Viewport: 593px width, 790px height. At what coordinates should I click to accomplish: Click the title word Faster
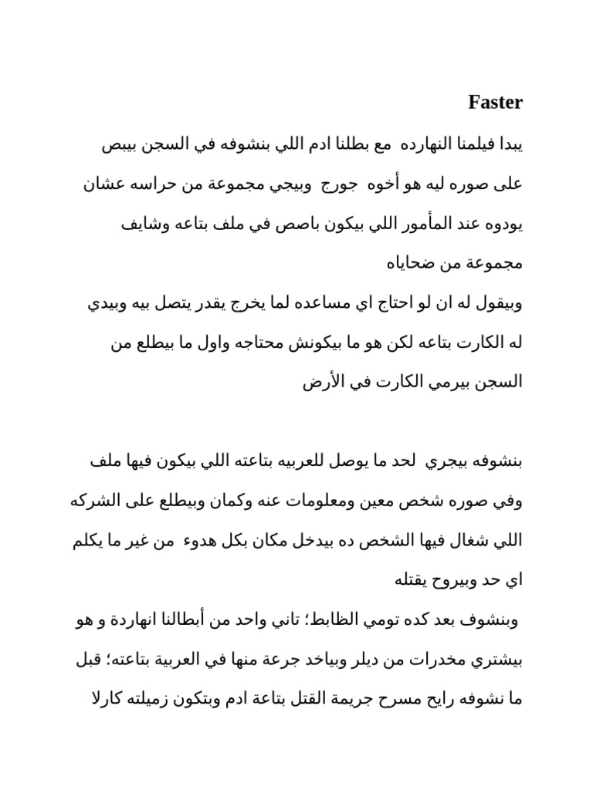click(x=496, y=102)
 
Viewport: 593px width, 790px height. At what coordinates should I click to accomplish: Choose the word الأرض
click(x=315, y=382)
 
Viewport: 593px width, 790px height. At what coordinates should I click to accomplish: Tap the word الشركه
click(x=96, y=501)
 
